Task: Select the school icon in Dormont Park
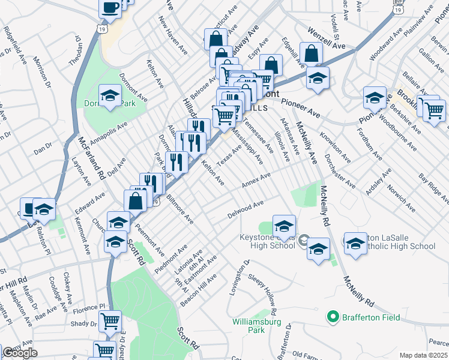(110, 95)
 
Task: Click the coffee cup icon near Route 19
(110, 7)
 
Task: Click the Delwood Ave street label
(246, 209)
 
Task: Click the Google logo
(20, 353)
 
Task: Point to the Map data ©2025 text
(424, 355)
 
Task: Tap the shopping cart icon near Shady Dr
(110, 321)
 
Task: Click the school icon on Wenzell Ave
(318, 77)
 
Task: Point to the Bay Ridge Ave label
(433, 187)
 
